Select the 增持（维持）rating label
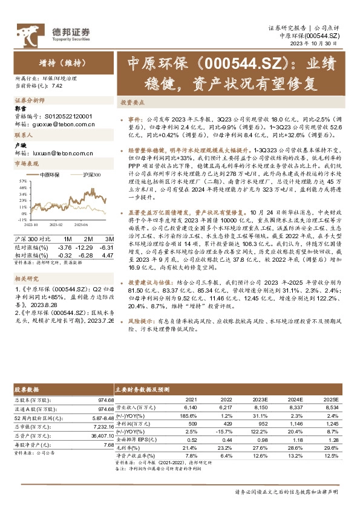click(54, 63)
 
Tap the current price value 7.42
click(57, 86)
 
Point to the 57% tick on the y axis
click(22, 181)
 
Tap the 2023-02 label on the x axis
click(56, 224)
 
